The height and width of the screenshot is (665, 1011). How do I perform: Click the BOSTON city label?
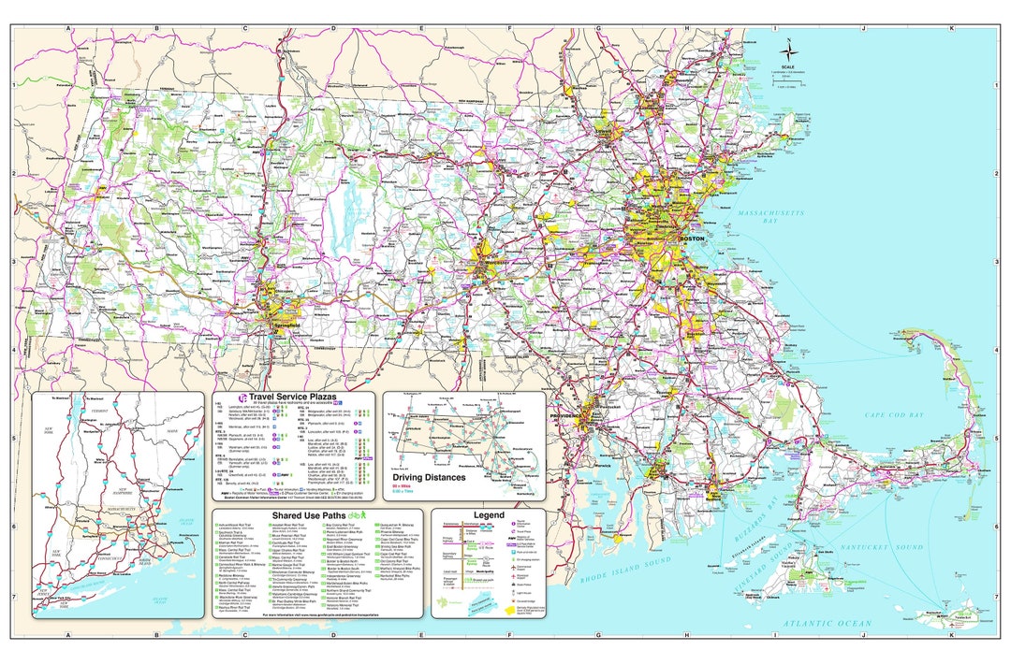coord(691,239)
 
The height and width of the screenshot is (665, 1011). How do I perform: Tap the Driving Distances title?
coord(429,477)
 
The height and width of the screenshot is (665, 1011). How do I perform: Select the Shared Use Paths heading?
coord(308,515)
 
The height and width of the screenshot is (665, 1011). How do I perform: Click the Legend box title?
coord(488,515)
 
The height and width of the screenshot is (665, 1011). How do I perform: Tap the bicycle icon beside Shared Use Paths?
coord(355,515)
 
